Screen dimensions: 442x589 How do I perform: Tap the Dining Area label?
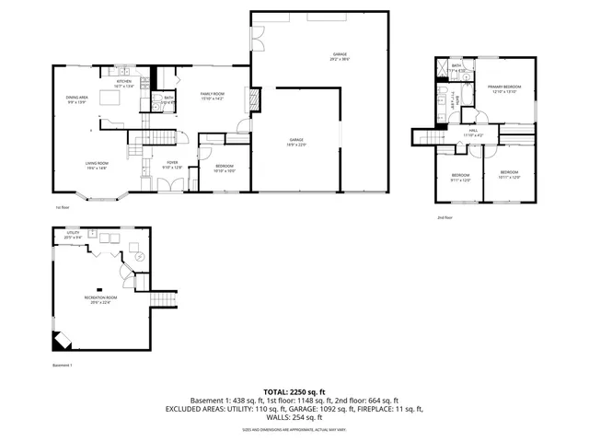pyautogui.click(x=76, y=99)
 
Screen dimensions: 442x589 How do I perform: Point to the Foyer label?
pyautogui.click(x=172, y=165)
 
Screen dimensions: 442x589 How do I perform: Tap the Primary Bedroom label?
pyautogui.click(x=504, y=87)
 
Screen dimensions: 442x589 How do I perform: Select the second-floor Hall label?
pyautogui.click(x=473, y=134)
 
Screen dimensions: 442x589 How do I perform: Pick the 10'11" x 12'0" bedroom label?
pyautogui.click(x=509, y=175)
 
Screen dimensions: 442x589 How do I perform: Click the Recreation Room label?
pyautogui.click(x=103, y=299)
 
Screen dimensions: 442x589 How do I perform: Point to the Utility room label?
pyautogui.click(x=73, y=236)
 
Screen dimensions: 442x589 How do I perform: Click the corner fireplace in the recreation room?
pyautogui.click(x=61, y=340)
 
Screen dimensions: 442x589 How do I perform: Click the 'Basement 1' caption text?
pyautogui.click(x=63, y=366)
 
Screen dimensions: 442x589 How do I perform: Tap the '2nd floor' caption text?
pyautogui.click(x=445, y=217)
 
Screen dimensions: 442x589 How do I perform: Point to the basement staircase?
pyautogui.click(x=164, y=302)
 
